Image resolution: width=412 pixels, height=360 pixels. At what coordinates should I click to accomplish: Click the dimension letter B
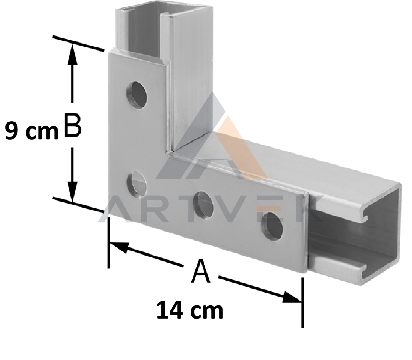pyautogui.click(x=73, y=126)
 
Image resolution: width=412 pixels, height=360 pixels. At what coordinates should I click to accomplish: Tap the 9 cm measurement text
pyautogui.click(x=32, y=130)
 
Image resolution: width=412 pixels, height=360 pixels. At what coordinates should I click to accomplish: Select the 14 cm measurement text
pyautogui.click(x=190, y=310)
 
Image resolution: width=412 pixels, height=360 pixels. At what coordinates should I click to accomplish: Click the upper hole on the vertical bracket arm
pyautogui.click(x=137, y=95)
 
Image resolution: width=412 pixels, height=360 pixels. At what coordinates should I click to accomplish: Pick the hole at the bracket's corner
pyautogui.click(x=137, y=185)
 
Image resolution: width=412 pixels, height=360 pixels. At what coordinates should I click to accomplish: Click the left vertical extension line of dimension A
pyautogui.click(x=109, y=243)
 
